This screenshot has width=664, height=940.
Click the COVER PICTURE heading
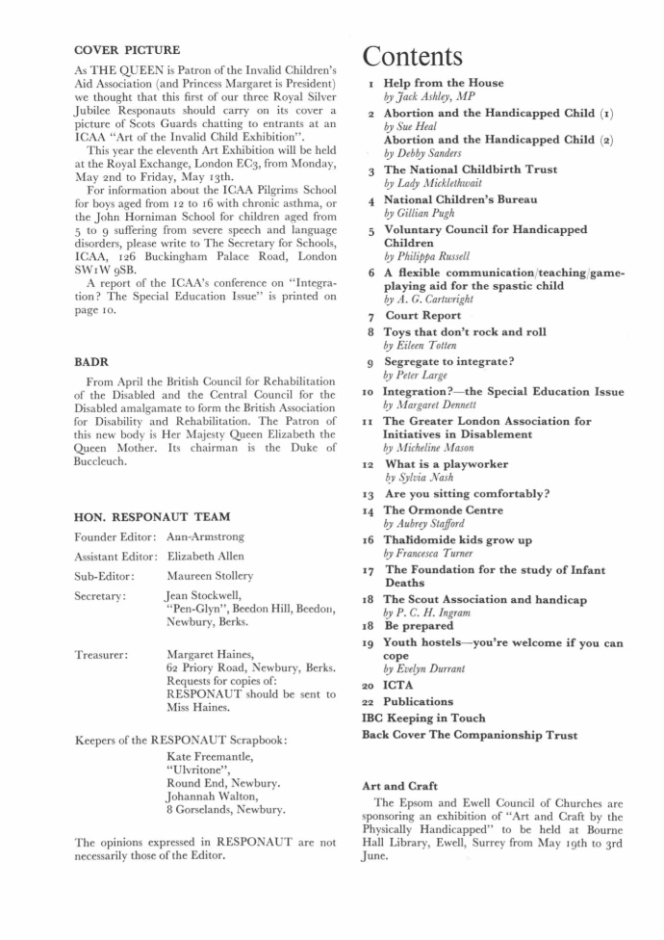[x=127, y=49]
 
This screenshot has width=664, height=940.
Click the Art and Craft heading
[x=398, y=786]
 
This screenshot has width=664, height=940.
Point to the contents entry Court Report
[x=422, y=315]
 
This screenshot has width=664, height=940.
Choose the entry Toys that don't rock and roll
[x=465, y=331]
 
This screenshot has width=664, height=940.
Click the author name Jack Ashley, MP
[x=430, y=98]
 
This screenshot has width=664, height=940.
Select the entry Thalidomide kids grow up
[x=457, y=541]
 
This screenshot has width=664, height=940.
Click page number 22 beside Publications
[x=368, y=701]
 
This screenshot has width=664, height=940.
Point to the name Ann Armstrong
[x=205, y=536]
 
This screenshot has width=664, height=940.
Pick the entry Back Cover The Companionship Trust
[x=470, y=735]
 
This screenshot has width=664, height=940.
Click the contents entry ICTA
[x=398, y=685]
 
